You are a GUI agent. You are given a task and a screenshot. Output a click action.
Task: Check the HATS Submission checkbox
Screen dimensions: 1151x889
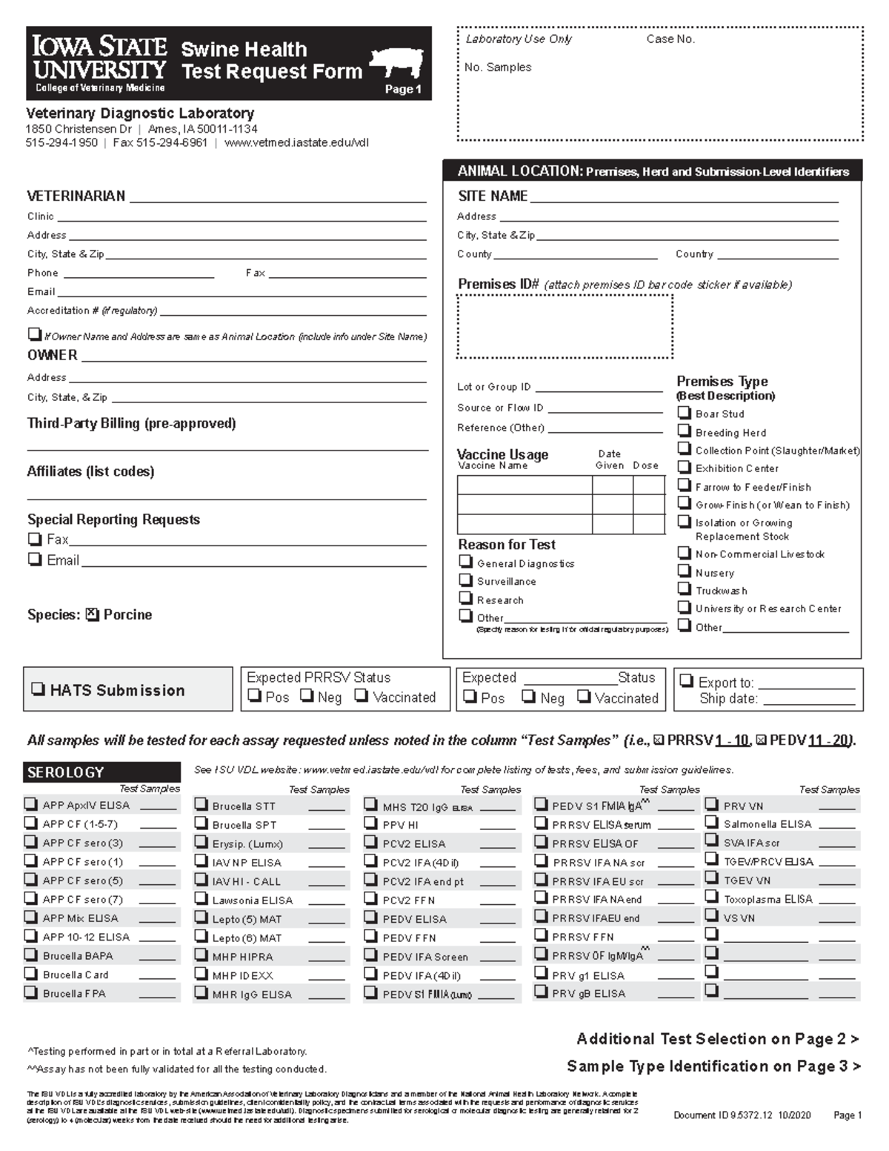click(x=38, y=689)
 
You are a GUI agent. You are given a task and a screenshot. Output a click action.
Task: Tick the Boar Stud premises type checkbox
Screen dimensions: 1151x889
click(x=685, y=413)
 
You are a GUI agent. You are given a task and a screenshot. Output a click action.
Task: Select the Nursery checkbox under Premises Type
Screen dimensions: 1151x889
click(x=685, y=571)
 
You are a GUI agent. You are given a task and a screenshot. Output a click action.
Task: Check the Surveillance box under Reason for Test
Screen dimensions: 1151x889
click(x=465, y=580)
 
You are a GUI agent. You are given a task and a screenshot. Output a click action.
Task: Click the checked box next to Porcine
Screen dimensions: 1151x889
click(x=92, y=614)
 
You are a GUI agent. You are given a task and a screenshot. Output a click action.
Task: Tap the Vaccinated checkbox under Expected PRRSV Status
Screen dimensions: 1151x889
click(x=361, y=696)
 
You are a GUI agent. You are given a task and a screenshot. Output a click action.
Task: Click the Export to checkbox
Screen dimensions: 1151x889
click(x=687, y=681)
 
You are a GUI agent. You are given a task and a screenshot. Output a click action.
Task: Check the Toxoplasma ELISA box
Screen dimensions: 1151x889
click(x=711, y=898)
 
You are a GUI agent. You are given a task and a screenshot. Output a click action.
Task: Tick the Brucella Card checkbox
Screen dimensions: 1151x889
click(x=31, y=974)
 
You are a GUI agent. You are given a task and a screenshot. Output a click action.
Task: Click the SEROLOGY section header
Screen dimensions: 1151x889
click(x=101, y=772)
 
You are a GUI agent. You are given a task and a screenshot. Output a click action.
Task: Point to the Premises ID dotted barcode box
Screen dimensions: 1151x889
click(x=565, y=326)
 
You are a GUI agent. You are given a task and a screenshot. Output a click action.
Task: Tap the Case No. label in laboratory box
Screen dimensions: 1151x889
click(x=670, y=39)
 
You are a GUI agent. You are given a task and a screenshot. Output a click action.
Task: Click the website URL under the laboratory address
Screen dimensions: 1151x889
click(x=296, y=142)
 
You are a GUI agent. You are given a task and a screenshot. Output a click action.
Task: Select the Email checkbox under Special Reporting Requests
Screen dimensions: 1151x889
click(x=35, y=560)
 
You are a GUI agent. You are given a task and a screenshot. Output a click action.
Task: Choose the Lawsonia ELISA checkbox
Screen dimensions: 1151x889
click(x=201, y=899)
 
